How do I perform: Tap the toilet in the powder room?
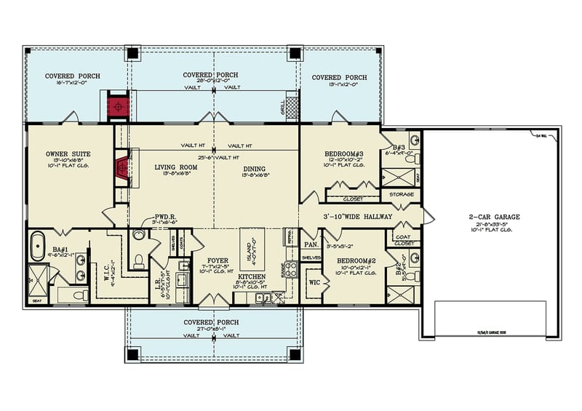[x=139, y=260]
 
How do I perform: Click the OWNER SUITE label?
[x=67, y=154]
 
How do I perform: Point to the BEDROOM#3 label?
[x=340, y=154]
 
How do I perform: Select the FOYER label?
[x=217, y=260]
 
